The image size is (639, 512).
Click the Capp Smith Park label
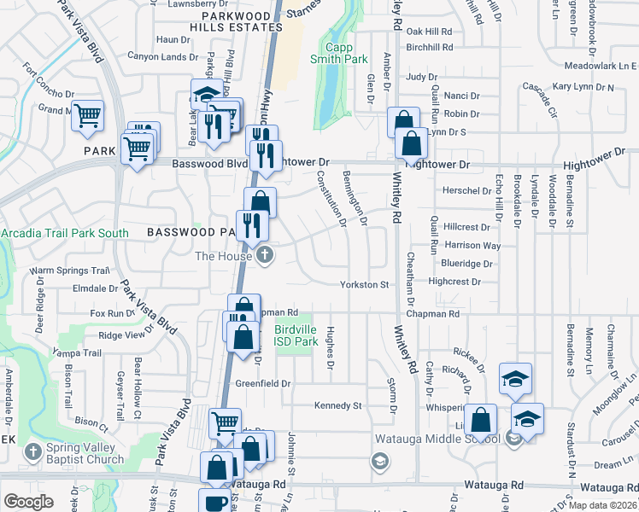pyautogui.click(x=346, y=53)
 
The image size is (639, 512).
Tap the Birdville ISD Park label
pyautogui.click(x=296, y=335)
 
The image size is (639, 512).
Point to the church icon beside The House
pyautogui.click(x=266, y=254)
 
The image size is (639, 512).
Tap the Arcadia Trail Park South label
pyautogui.click(x=65, y=233)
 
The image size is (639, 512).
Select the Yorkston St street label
pyautogui.click(x=365, y=284)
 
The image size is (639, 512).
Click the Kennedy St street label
pyautogui.click(x=338, y=405)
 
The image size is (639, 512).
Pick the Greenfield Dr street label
pyautogui.click(x=263, y=384)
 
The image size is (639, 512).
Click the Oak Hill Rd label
pyautogui.click(x=429, y=31)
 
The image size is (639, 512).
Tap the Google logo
pyautogui.click(x=28, y=502)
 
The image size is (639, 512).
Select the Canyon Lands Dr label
pyautogui.click(x=162, y=57)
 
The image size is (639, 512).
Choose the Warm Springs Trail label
pyautogui.click(x=71, y=271)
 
